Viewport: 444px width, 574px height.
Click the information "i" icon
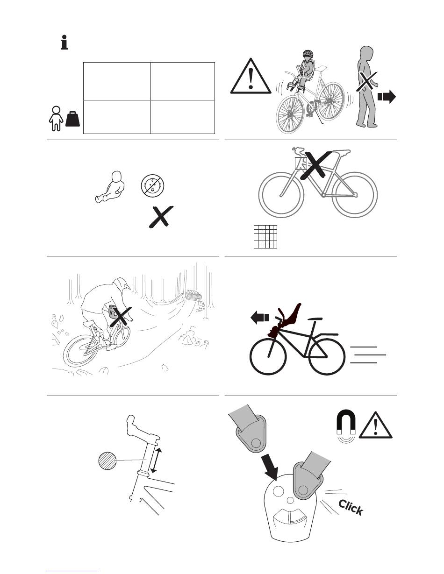click(64, 42)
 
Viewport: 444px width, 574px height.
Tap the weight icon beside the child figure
click(72, 119)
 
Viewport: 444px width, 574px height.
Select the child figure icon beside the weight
click(56, 119)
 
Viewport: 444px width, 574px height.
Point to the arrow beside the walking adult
click(387, 97)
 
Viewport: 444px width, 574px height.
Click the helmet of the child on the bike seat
click(308, 53)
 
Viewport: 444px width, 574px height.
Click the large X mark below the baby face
click(161, 217)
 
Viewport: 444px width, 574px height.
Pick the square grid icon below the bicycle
click(265, 237)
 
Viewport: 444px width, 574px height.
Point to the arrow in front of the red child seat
click(259, 318)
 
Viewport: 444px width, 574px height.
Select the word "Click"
click(351, 507)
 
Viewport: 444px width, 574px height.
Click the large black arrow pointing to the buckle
click(271, 468)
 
